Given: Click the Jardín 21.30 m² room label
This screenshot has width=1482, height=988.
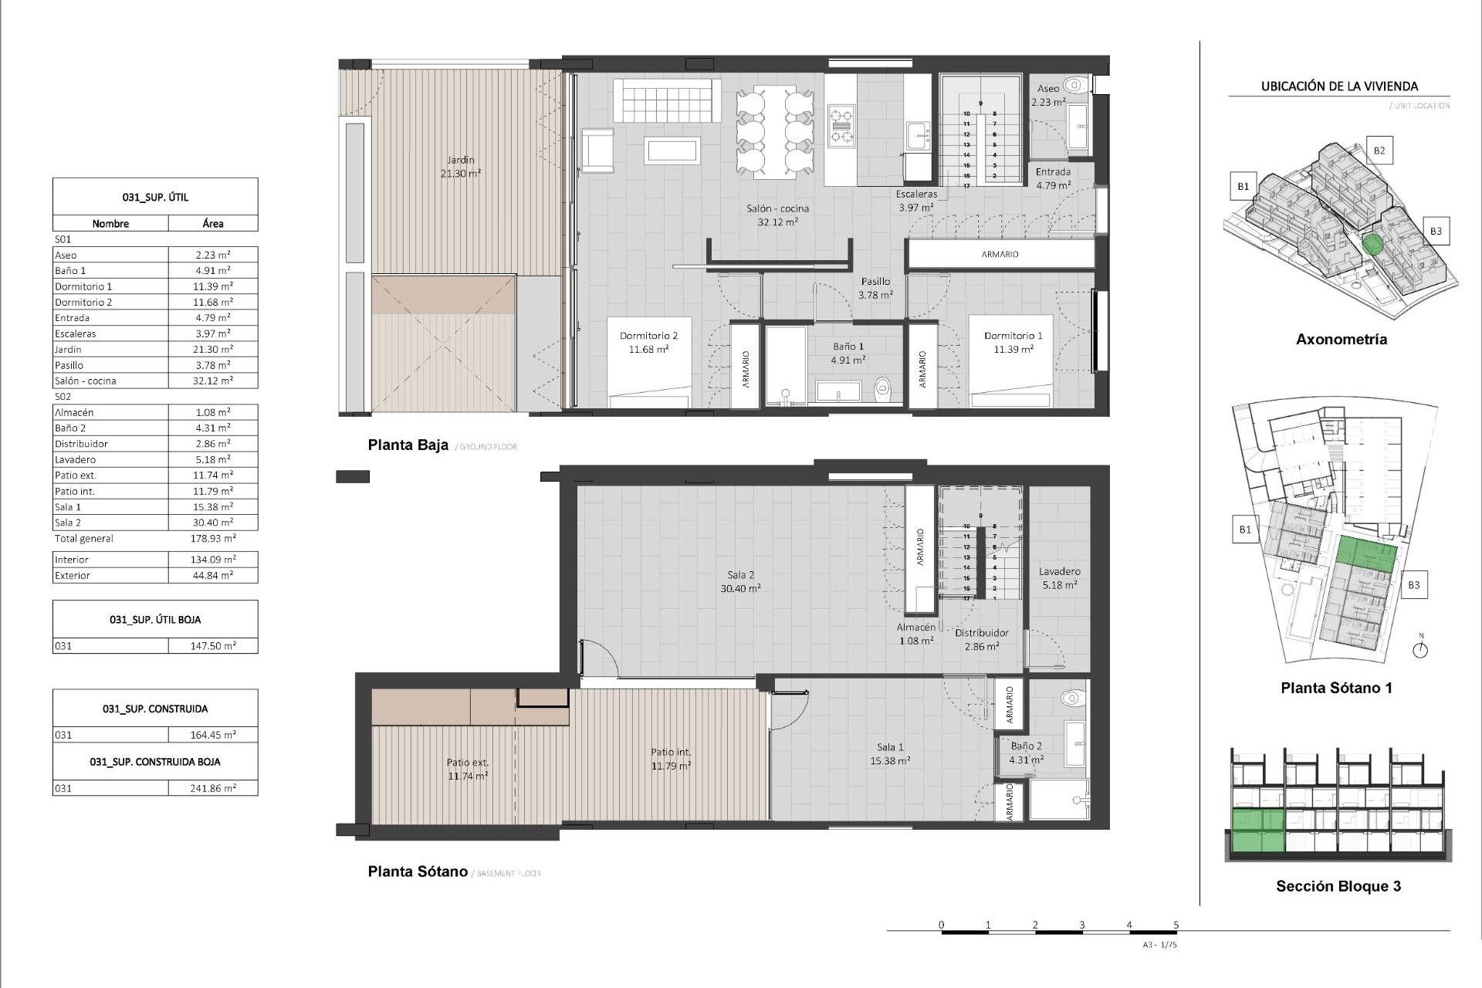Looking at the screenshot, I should point(461,167).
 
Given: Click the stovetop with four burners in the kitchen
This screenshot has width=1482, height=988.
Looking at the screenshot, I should point(841,127).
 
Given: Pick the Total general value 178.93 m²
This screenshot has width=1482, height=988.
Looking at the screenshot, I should point(213,539).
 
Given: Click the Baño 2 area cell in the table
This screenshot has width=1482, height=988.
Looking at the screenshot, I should point(213,428).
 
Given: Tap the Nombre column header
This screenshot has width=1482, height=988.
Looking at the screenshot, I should point(110,224).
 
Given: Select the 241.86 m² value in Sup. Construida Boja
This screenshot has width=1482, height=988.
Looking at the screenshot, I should point(213,788).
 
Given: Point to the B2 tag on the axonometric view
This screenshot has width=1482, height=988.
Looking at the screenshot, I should point(1379,151).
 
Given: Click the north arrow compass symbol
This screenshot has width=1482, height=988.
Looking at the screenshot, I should point(1420,649).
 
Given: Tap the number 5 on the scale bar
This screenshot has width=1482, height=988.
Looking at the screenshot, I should point(1176,925).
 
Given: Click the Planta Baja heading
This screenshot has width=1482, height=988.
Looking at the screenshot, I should point(408,445).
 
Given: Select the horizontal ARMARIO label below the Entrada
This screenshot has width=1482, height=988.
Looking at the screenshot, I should point(1000,254).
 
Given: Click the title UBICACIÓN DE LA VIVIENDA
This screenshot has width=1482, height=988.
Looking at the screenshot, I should point(1339,86).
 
